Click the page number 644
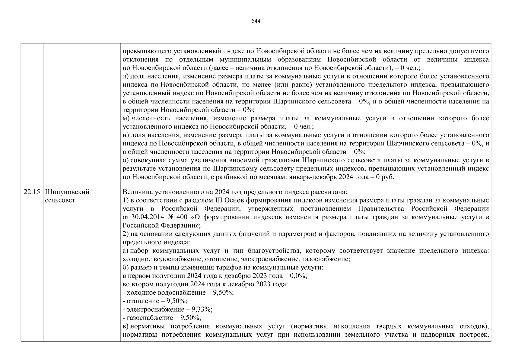(x=256, y=21)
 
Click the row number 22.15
(x=32, y=192)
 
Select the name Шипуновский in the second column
(x=67, y=192)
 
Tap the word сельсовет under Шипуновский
(x=60, y=201)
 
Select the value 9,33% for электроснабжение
(x=204, y=309)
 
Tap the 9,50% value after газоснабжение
(x=190, y=318)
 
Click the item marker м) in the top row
(x=126, y=118)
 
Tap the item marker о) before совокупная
(x=126, y=160)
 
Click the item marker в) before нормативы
(x=126, y=326)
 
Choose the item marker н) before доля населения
(x=126, y=135)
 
